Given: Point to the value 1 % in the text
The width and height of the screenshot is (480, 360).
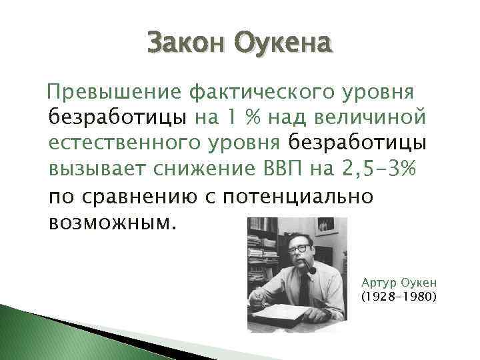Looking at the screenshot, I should pos(237,118).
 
